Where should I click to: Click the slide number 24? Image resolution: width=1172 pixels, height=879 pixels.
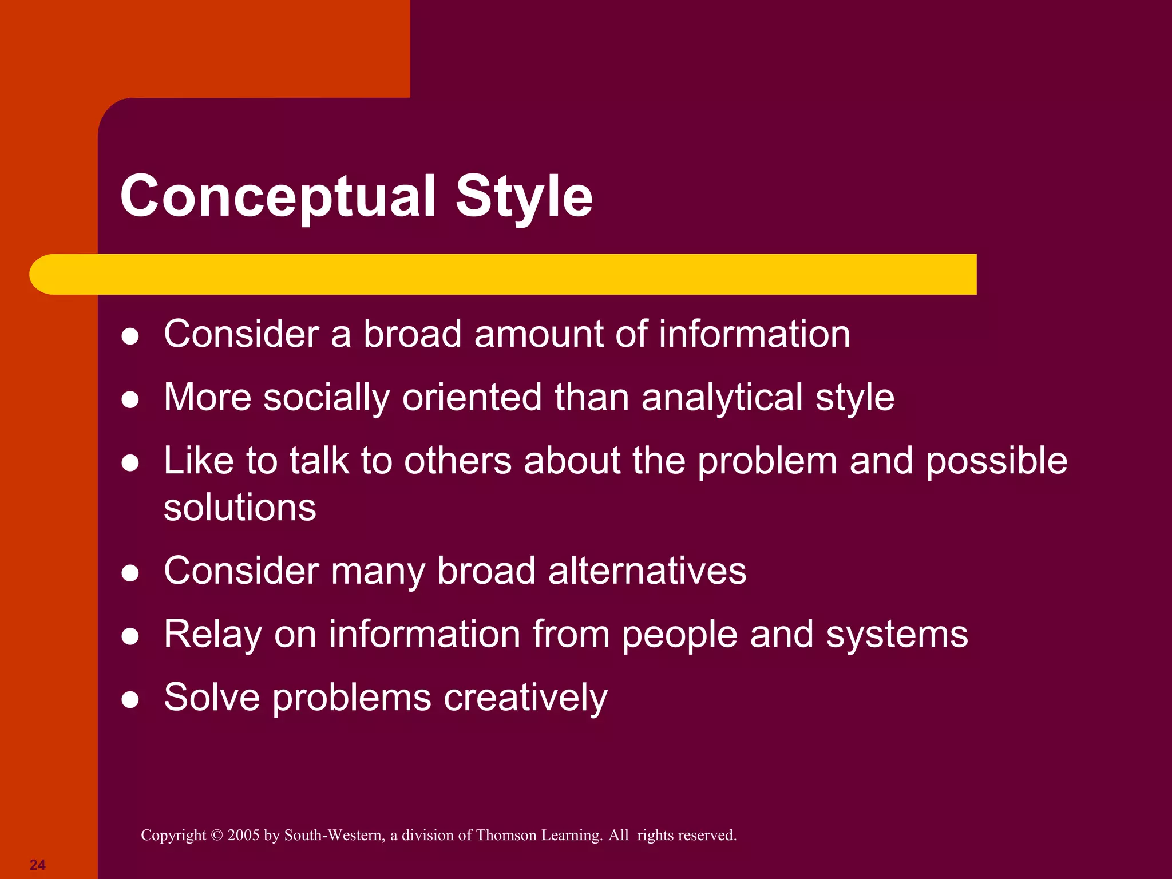tap(38, 865)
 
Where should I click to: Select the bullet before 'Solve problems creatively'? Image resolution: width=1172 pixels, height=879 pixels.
tap(130, 699)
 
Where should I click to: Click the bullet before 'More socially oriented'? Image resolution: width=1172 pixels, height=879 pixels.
tap(130, 399)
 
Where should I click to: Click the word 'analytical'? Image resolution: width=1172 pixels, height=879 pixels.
tap(722, 397)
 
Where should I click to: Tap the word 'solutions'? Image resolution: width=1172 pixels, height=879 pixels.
tap(240, 508)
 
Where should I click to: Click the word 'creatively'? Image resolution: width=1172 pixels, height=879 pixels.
tap(525, 698)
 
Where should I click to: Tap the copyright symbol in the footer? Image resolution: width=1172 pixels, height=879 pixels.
tap(216, 836)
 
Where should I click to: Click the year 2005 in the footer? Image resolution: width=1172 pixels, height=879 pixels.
tap(243, 836)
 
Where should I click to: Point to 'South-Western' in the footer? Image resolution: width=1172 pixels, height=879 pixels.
tap(334, 836)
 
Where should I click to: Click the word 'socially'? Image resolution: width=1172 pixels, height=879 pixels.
tap(326, 397)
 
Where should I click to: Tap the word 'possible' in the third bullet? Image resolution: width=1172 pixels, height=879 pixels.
tap(996, 461)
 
